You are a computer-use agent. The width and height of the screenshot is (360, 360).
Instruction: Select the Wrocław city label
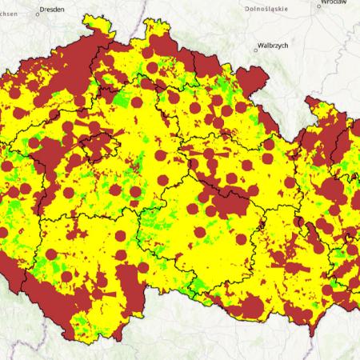tap(332, 3)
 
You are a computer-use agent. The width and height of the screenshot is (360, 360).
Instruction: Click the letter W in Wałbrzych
tap(260, 46)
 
